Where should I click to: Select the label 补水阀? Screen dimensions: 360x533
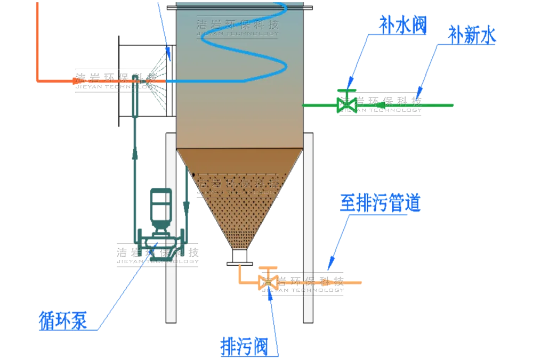pyautogui.click(x=403, y=24)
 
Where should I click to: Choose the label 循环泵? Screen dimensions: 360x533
pyautogui.click(x=63, y=320)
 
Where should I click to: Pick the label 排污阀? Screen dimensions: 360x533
pyautogui.click(x=243, y=347)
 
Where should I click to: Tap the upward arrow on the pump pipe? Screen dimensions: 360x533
pyautogui.click(x=136, y=153)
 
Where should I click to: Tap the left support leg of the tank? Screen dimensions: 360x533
pyautogui.click(x=171, y=229)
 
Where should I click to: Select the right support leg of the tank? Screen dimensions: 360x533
pyautogui.click(x=308, y=229)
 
